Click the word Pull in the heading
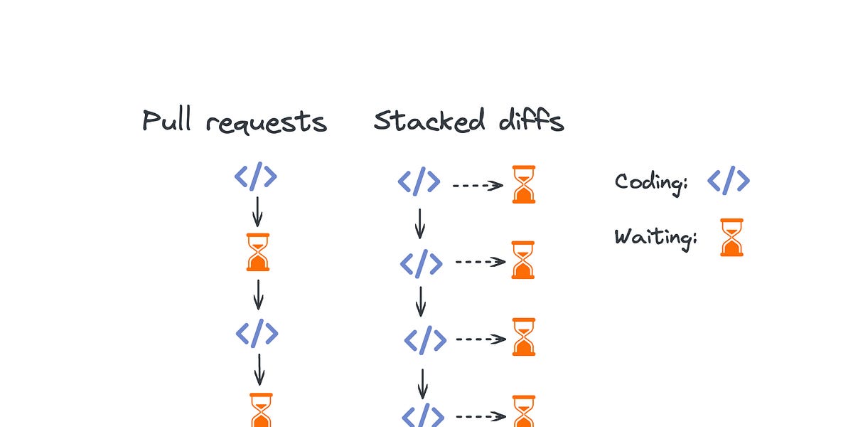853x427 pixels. (167, 121)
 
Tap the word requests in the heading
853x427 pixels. (267, 122)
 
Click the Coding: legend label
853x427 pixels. (651, 182)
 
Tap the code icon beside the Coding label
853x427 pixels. (728, 181)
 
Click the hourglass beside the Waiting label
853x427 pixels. (731, 237)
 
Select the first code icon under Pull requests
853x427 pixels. (256, 176)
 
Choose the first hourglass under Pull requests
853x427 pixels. (258, 252)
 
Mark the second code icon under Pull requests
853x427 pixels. (257, 332)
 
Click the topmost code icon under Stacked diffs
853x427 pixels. (419, 181)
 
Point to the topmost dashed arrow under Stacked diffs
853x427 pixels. (477, 186)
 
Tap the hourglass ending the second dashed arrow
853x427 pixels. (523, 260)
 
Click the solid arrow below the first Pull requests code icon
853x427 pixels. (257, 211)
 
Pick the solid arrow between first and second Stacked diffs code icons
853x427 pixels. (420, 223)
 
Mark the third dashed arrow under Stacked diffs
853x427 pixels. (480, 339)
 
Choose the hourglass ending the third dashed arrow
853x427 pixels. (524, 337)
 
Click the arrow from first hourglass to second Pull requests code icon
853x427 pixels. (259, 294)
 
